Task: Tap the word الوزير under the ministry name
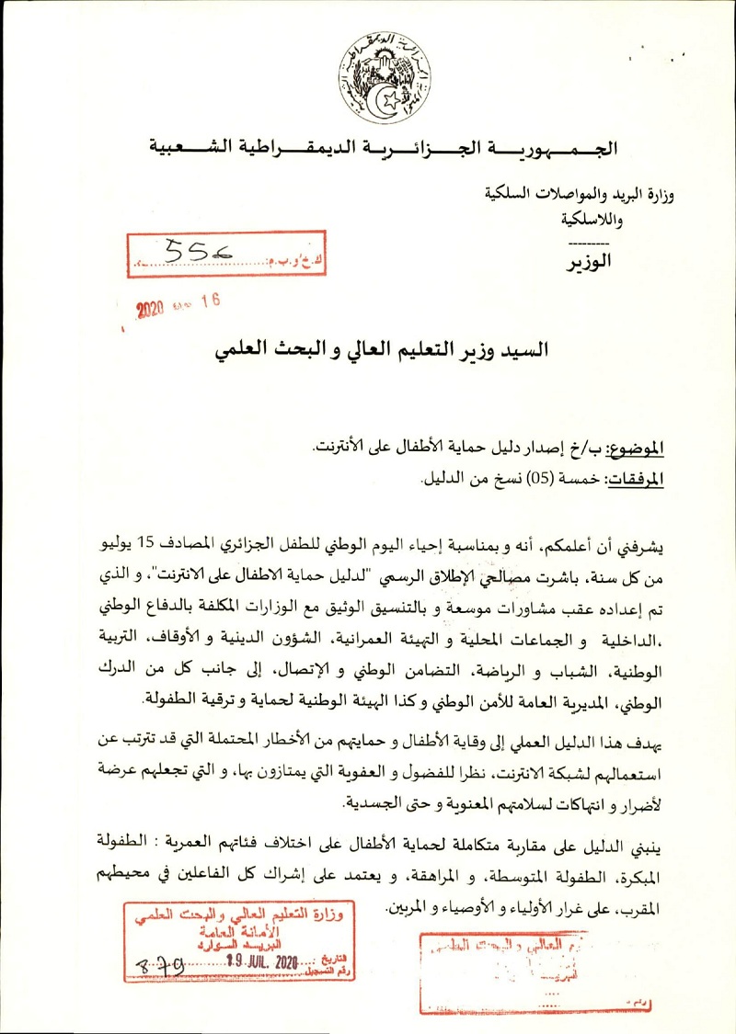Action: (x=589, y=261)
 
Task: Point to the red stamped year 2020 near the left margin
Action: (x=155, y=309)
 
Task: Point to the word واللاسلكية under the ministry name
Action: (x=590, y=221)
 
